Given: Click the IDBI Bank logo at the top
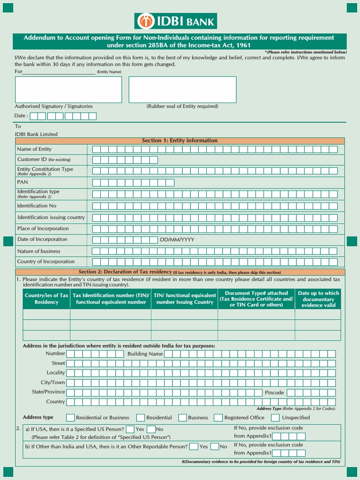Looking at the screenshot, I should (x=176, y=21).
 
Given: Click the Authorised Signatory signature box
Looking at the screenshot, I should (x=68, y=90).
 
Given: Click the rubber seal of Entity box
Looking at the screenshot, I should (x=182, y=90).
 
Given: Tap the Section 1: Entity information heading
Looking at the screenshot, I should (x=180, y=141).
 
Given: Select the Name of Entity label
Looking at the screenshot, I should (x=34, y=149).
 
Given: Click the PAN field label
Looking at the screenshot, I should (x=22, y=182).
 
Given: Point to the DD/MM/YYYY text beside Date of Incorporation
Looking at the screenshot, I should (x=177, y=240).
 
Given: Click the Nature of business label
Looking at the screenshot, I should (x=38, y=251).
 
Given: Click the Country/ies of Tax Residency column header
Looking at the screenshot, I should (x=46, y=299).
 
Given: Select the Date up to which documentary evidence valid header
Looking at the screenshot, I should (x=318, y=299).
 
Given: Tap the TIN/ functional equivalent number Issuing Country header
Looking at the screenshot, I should (x=185, y=299).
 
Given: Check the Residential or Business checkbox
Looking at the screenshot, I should (x=70, y=418).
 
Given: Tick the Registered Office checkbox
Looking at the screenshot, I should (x=218, y=418).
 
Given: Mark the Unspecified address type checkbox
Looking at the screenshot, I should (x=275, y=418).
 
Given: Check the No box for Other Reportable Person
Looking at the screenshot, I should (x=215, y=447).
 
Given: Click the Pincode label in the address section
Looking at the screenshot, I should (x=274, y=392).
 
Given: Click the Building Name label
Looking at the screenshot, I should (x=145, y=354).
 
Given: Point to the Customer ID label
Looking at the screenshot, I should (x=44, y=159).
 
